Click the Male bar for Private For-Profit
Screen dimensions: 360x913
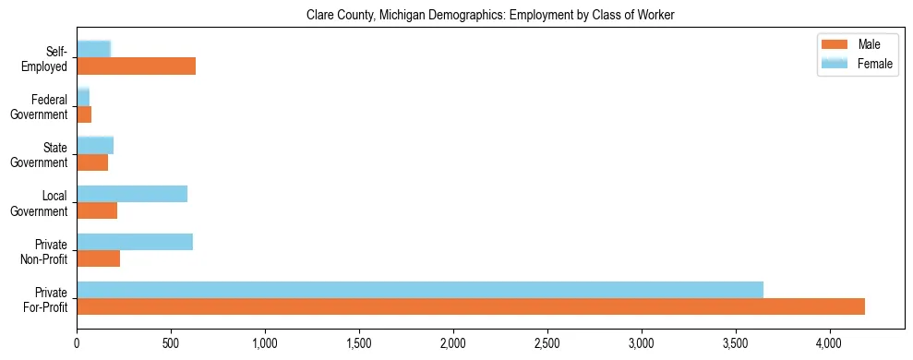pos(471,306)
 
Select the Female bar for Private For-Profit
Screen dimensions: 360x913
pos(420,290)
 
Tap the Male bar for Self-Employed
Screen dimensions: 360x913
pos(136,66)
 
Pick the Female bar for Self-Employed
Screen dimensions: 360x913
pos(93,49)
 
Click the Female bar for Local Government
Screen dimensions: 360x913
pos(132,194)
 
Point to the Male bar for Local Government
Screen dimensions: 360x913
pos(97,210)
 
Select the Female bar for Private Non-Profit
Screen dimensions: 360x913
pos(135,242)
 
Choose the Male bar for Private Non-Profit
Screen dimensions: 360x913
pos(98,258)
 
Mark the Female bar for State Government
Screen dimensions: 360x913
pos(95,145)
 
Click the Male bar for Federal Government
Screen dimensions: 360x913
pos(84,114)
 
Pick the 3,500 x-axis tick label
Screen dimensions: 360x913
pos(736,342)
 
